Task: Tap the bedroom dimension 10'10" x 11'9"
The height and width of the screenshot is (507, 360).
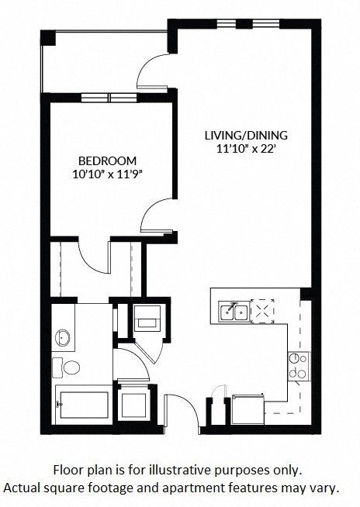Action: point(106,174)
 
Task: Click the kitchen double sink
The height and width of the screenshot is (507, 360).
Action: point(234,311)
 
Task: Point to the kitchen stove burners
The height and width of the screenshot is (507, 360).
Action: point(298,365)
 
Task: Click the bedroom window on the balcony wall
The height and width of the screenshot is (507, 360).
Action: point(109,98)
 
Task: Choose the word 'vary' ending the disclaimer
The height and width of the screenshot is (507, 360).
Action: point(325,488)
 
